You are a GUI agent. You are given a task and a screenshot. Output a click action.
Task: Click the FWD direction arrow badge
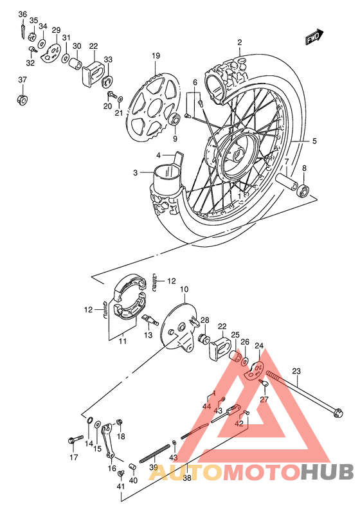click(x=314, y=39)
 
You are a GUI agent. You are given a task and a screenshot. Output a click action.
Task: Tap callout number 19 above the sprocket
click(x=155, y=57)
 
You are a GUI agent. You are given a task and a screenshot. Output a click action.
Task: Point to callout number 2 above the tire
click(x=239, y=43)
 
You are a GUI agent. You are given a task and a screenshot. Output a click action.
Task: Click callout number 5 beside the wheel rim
click(x=314, y=141)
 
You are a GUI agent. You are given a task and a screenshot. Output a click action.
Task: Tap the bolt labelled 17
click(x=71, y=440)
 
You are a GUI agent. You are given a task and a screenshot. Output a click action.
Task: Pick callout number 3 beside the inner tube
click(x=136, y=172)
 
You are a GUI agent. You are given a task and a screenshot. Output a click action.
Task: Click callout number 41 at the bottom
click(x=120, y=486)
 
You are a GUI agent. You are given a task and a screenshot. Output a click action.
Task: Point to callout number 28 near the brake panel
click(x=204, y=320)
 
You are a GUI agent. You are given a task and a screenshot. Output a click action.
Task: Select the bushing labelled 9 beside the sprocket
click(x=173, y=120)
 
